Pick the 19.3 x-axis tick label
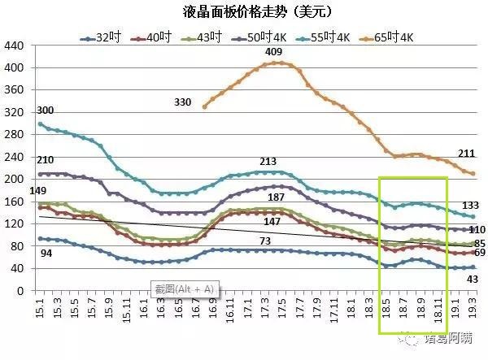(x=473, y=310)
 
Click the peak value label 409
(x=274, y=53)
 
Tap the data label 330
(x=183, y=102)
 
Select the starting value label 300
(x=46, y=111)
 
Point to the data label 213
(x=268, y=162)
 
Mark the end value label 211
(x=466, y=154)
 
